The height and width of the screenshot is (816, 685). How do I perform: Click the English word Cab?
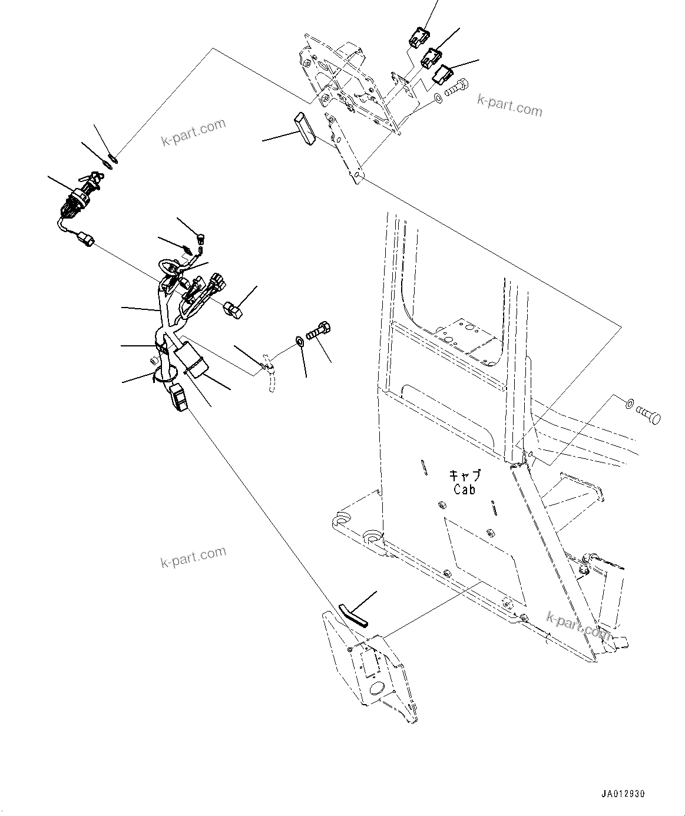464,489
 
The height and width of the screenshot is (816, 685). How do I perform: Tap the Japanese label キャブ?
465,475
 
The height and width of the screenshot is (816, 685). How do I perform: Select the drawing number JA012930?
623,794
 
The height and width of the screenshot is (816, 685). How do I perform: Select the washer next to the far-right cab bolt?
629,404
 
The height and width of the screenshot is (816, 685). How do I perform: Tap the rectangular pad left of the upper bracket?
305,128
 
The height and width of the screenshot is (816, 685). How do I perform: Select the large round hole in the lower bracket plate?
378,688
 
